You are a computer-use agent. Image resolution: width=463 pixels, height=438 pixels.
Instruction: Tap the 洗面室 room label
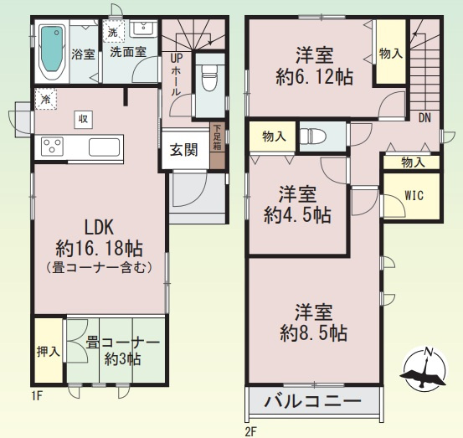[128, 50]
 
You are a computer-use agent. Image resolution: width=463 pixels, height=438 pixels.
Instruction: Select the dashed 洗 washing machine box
[114, 33]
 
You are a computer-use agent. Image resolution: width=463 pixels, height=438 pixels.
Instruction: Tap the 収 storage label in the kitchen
[84, 119]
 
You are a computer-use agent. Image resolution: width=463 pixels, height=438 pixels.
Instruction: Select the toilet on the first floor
[209, 76]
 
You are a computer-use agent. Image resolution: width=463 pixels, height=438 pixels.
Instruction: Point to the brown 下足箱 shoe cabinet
[217, 145]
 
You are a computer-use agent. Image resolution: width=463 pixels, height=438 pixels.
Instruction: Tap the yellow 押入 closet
[48, 350]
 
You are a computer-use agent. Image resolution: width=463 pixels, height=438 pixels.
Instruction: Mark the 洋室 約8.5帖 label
[313, 322]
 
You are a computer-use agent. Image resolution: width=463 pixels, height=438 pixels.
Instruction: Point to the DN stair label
[425, 118]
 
